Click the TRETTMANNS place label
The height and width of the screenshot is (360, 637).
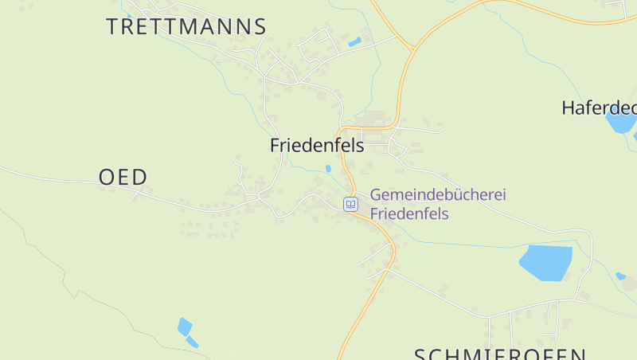(x=186, y=26)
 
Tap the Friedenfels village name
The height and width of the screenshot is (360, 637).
(x=317, y=146)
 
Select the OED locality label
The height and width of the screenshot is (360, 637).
(x=123, y=177)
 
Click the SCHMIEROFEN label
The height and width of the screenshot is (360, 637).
(x=501, y=354)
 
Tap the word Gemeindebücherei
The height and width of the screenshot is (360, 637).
(x=439, y=195)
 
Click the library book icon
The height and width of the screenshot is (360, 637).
(x=350, y=205)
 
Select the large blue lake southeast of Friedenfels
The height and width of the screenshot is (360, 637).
(x=546, y=262)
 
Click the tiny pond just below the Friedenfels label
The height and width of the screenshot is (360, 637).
(x=328, y=169)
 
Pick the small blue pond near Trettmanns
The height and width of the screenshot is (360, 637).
(x=354, y=41)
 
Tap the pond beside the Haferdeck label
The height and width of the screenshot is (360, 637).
(x=620, y=122)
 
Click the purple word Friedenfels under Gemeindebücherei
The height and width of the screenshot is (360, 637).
(x=410, y=214)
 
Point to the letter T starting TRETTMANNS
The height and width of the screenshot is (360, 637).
(x=113, y=26)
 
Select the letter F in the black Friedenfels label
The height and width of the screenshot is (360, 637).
(x=276, y=146)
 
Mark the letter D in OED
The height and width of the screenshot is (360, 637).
(x=140, y=177)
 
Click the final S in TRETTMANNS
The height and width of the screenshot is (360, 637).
(x=259, y=26)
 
